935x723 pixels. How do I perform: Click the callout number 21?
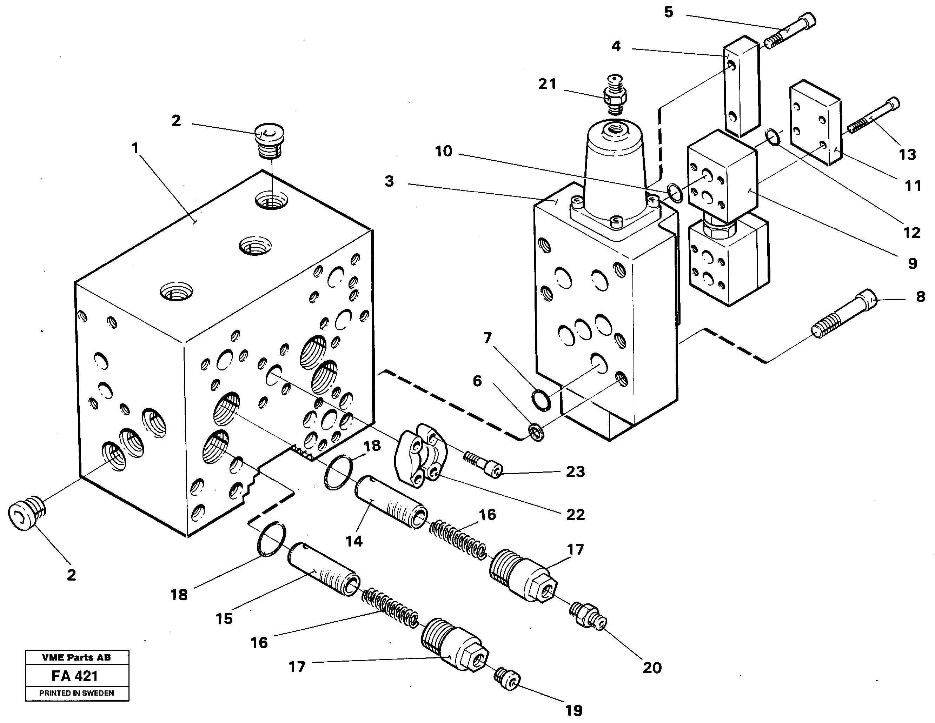[x=547, y=84]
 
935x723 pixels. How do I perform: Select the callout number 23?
[x=575, y=471]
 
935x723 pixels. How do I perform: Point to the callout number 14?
[x=354, y=541]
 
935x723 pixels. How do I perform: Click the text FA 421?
[x=75, y=676]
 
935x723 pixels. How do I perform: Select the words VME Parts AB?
[x=76, y=657]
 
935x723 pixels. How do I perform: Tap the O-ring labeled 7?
[x=541, y=400]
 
